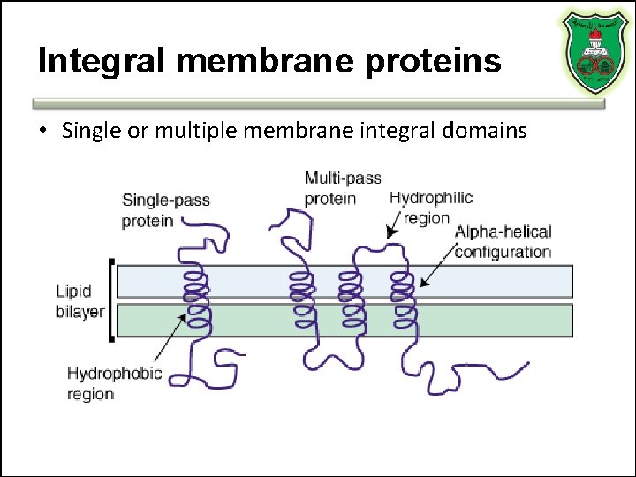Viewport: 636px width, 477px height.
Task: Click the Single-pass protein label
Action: [x=165, y=210]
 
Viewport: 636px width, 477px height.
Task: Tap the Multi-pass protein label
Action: [x=343, y=188]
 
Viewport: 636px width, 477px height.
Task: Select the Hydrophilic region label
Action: [x=431, y=208]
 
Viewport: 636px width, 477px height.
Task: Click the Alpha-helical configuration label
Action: [x=503, y=242]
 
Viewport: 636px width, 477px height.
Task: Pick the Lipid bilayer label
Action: [x=79, y=301]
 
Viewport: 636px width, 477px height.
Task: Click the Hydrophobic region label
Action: [x=114, y=383]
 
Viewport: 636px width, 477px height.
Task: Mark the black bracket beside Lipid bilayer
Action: [x=110, y=300]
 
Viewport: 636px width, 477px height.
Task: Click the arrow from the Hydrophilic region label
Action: [x=393, y=227]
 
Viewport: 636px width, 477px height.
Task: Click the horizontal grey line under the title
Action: [x=318, y=103]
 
